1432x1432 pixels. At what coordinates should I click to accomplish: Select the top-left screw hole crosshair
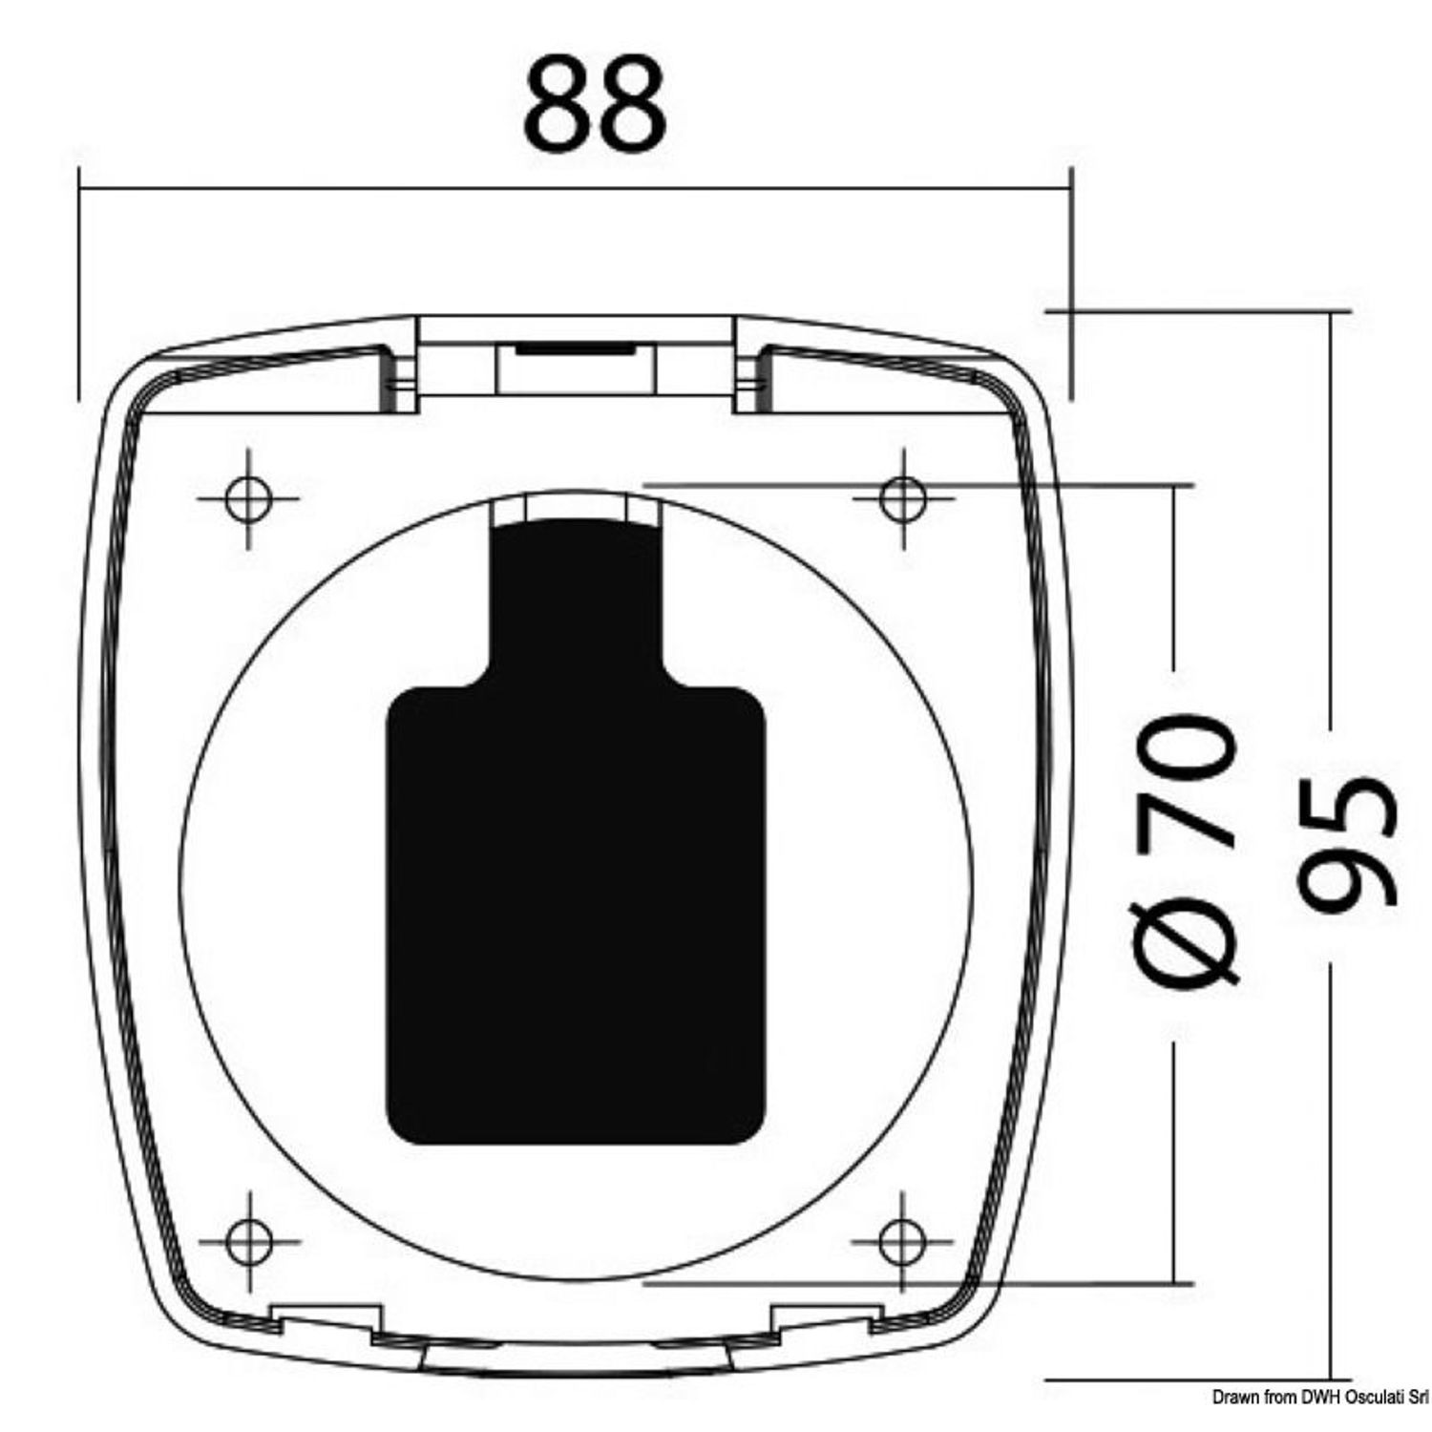247,498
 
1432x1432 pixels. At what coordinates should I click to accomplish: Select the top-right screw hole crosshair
903,498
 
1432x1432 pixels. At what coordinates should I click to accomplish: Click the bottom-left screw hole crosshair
247,1242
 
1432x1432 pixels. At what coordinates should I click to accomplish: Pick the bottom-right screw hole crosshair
903,1242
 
